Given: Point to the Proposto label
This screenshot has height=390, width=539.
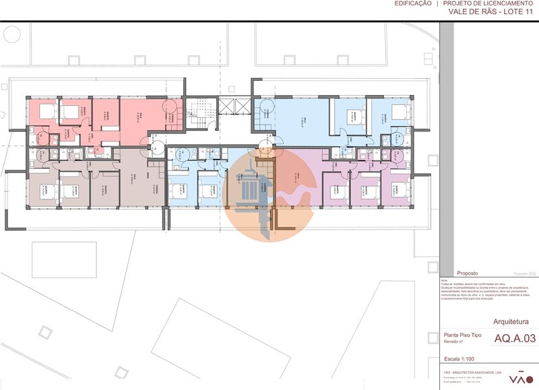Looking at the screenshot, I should point(468,273).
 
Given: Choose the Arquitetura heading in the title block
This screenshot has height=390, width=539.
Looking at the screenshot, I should point(515,321).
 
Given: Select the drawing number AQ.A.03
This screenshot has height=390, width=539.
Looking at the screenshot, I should point(515,338).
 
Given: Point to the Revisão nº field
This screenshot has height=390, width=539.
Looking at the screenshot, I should point(456,342).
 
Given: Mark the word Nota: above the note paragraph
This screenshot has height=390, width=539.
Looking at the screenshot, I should point(444,280).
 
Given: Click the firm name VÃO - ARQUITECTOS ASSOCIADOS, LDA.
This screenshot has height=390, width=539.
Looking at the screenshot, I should point(473,372).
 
